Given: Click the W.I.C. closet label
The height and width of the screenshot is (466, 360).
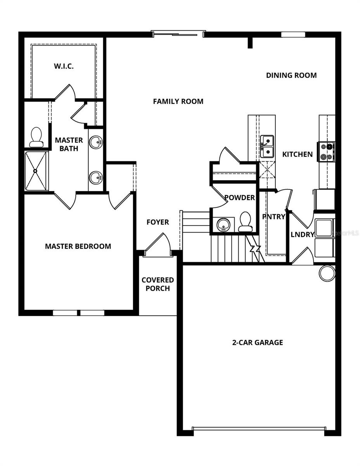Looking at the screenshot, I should (x=64, y=66).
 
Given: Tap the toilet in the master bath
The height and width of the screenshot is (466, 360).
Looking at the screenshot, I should (x=36, y=137).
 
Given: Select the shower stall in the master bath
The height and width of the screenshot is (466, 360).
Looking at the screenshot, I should (x=36, y=171).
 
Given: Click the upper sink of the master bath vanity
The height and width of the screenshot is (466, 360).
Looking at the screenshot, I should (x=96, y=142).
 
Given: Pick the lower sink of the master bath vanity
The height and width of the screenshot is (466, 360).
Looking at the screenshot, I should (x=96, y=179).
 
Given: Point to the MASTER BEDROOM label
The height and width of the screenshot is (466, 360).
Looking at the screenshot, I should (x=78, y=246).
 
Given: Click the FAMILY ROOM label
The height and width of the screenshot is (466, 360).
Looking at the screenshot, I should (x=178, y=101).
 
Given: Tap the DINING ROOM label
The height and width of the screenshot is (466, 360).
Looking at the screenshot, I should (x=291, y=75).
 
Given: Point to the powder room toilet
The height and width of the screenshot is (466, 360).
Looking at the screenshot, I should (x=246, y=222).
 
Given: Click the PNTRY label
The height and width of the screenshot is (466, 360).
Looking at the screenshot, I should (x=273, y=217).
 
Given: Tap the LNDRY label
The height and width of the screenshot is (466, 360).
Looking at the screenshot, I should (x=302, y=235).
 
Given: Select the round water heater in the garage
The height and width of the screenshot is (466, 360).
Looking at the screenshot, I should (x=327, y=273).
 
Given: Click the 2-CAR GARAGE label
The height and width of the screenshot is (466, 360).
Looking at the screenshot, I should (x=258, y=343).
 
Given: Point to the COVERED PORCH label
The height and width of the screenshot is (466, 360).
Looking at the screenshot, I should (x=157, y=284).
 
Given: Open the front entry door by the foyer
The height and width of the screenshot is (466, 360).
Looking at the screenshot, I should (x=157, y=245).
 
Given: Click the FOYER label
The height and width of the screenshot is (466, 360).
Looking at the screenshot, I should (x=157, y=222).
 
